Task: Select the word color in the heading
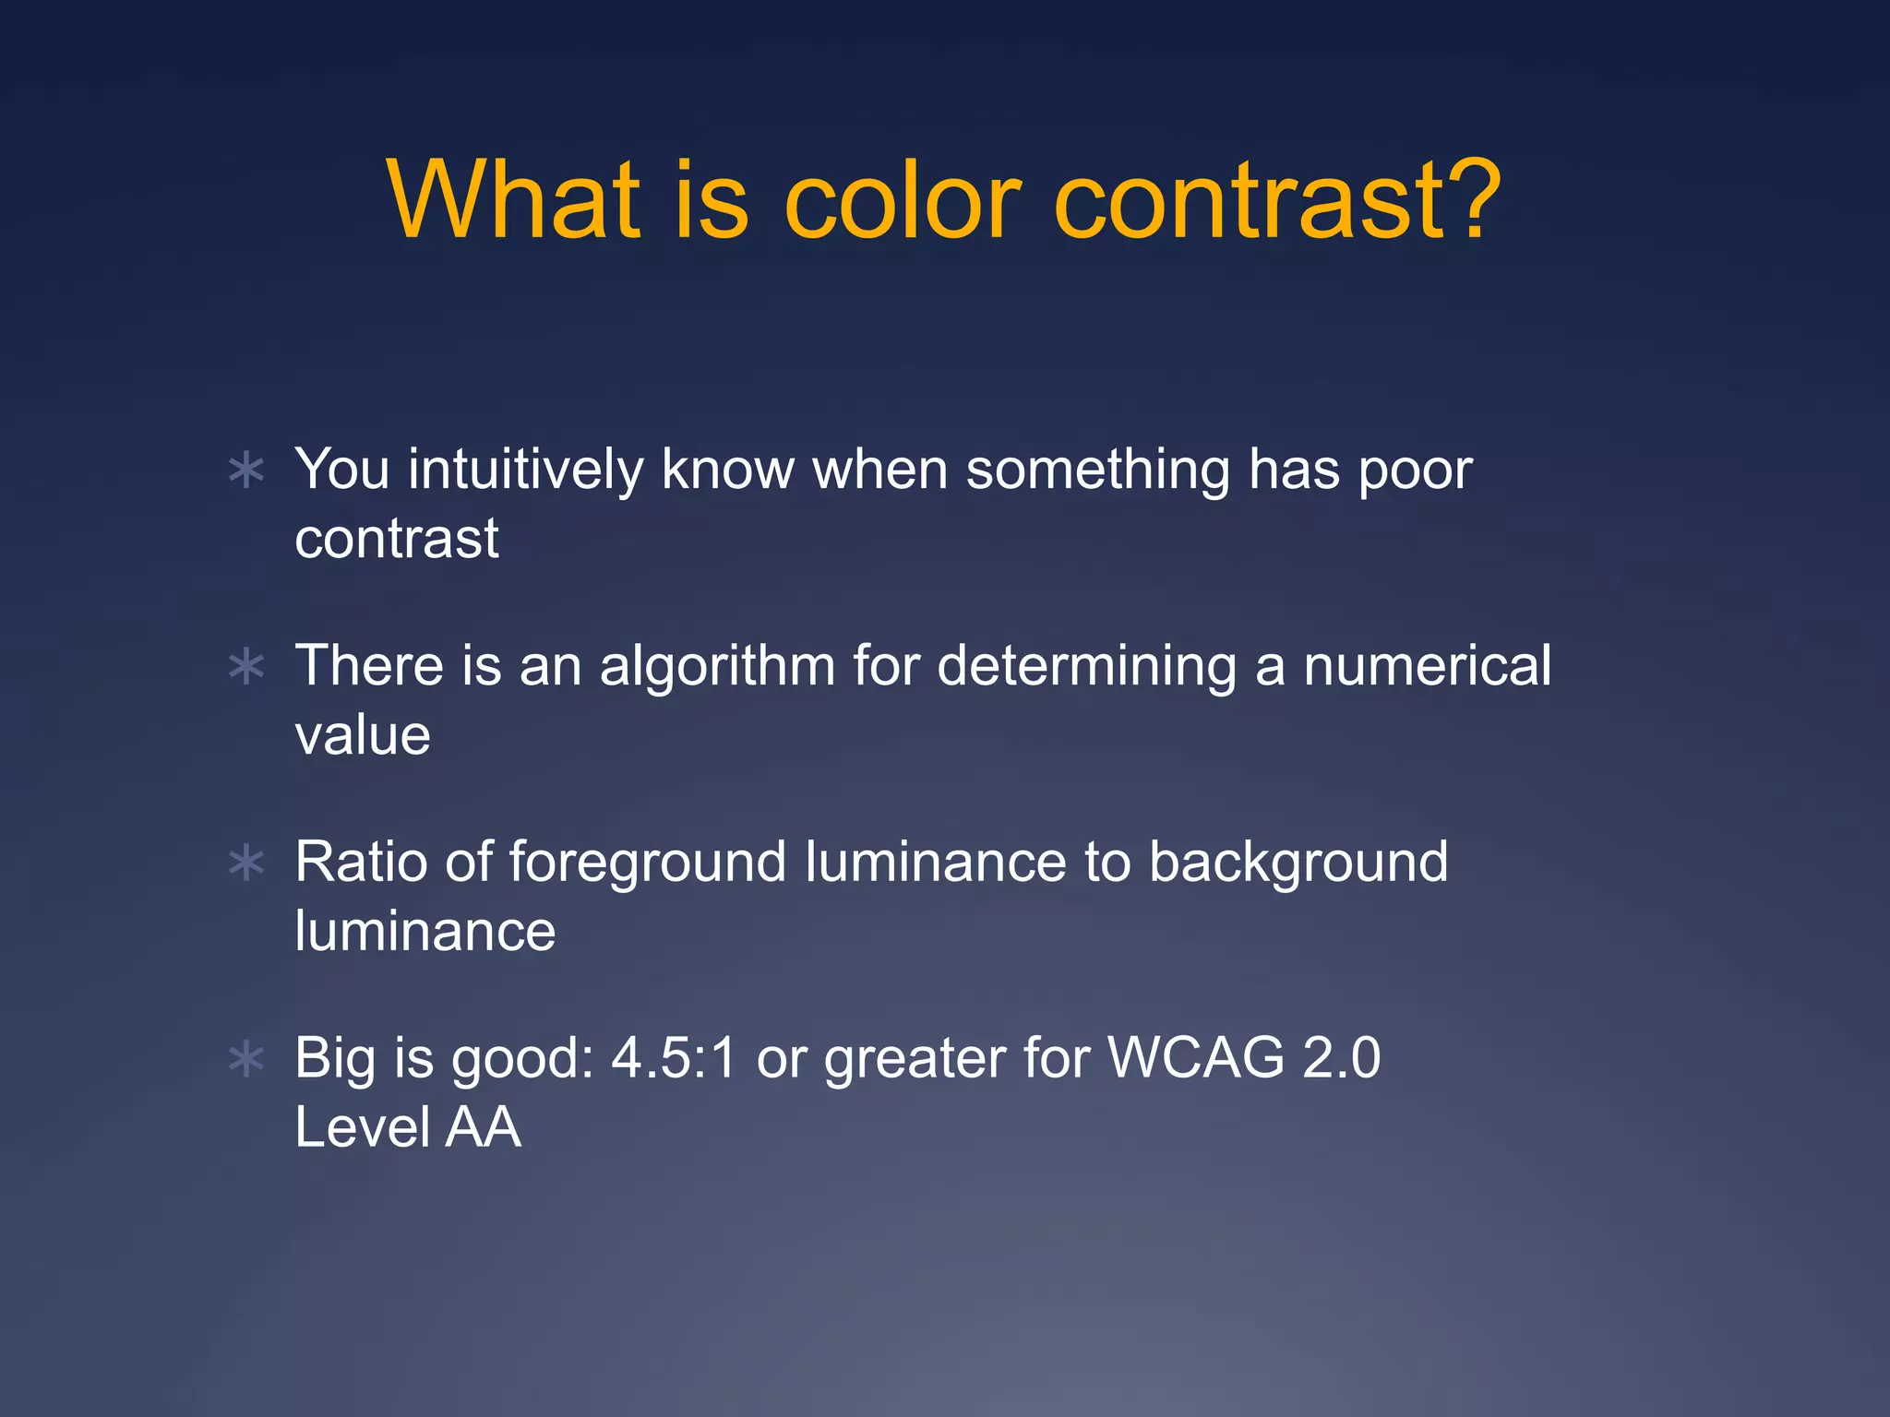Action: coord(903,201)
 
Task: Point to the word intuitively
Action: coord(526,470)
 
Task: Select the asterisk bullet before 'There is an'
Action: coord(246,667)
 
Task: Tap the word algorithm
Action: coord(718,667)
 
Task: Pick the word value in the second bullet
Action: coord(363,735)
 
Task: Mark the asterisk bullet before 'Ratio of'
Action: coord(246,864)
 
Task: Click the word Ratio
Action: coord(361,862)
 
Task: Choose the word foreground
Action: coord(648,863)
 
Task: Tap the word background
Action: coord(1298,862)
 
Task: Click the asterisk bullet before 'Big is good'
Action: coord(246,1060)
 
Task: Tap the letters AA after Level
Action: coord(483,1127)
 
